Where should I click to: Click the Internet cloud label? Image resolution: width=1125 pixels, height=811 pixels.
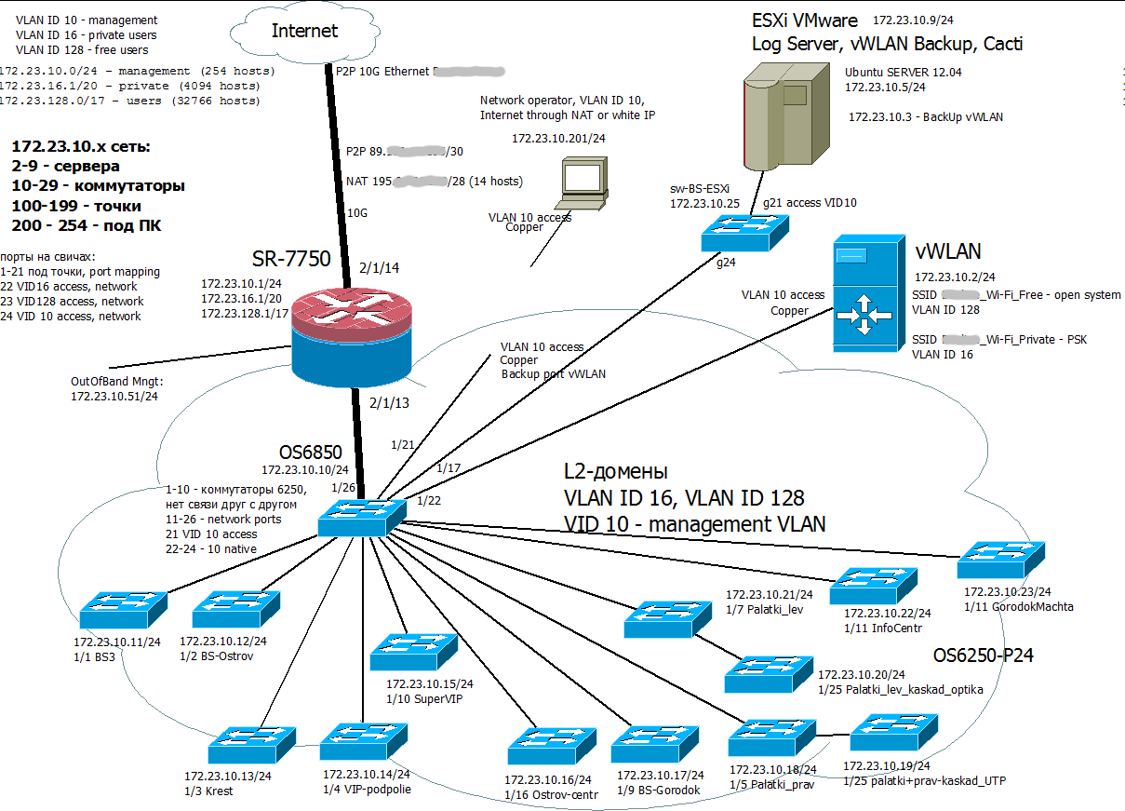point(304,31)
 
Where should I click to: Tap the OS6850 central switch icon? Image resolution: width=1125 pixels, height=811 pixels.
point(361,515)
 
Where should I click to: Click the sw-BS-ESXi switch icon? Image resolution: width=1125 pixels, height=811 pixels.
point(745,232)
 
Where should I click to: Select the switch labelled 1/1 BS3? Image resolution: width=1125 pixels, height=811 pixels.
point(124,609)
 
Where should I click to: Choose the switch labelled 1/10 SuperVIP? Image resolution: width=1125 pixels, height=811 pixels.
point(414,652)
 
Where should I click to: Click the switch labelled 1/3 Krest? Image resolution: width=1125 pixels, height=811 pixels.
point(251,745)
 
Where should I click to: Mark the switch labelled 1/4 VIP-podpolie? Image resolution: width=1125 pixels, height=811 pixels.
point(364,742)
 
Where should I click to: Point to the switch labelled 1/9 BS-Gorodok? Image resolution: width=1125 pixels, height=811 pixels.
point(655,743)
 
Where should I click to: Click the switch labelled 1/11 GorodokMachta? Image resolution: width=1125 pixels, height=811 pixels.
point(1001,560)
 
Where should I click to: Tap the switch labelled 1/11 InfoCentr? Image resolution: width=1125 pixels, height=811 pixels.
point(874,585)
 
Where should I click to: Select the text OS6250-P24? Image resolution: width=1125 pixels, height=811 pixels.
point(984,656)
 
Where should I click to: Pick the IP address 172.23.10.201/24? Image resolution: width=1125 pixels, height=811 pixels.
point(558,138)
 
